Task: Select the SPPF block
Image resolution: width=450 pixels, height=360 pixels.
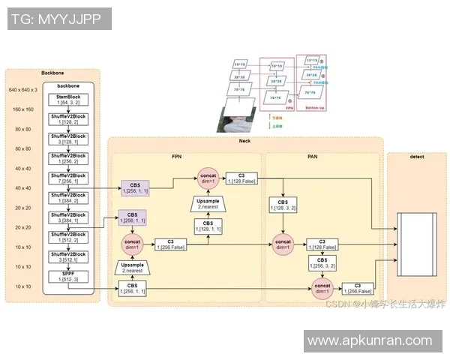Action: (69, 275)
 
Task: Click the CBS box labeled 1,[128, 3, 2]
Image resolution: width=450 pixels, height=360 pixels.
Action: (283, 205)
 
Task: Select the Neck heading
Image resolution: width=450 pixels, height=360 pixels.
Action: (244, 141)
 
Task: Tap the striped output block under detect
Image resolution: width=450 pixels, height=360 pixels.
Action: (416, 233)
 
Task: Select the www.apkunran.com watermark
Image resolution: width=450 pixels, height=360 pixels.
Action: (370, 340)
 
